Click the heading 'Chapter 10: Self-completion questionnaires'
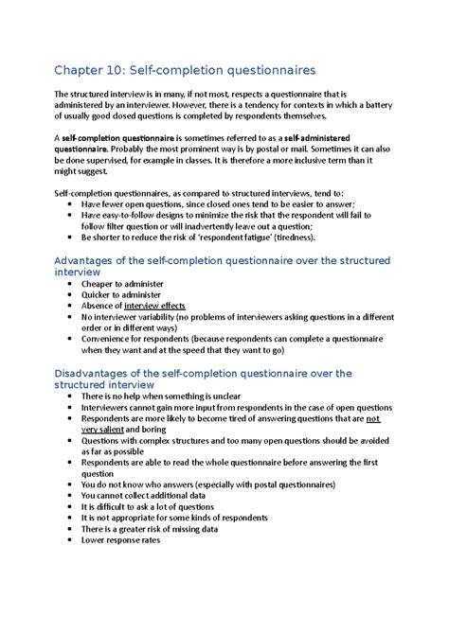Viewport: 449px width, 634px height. tap(186, 69)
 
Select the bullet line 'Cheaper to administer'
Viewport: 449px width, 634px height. tap(122, 284)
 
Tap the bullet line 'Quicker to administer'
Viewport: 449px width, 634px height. tap(122, 295)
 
